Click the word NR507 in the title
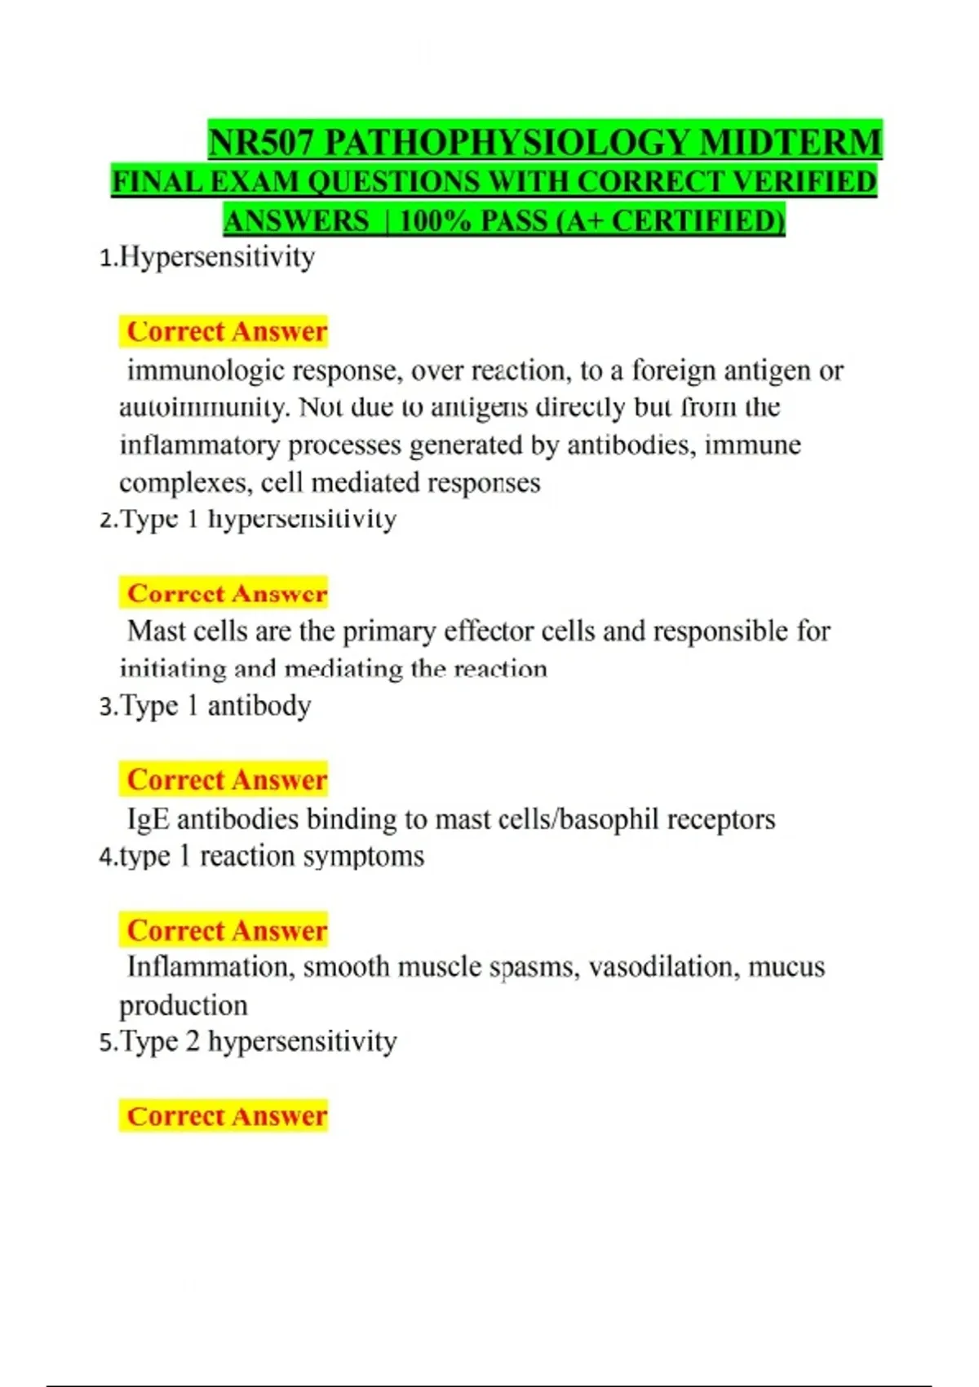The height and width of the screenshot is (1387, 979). point(260,143)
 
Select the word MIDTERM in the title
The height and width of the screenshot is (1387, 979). point(791,143)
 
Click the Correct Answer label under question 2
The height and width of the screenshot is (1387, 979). point(226,593)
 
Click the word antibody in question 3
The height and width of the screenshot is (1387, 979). point(259,706)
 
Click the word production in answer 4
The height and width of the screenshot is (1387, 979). point(184,1006)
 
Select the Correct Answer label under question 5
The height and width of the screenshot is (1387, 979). point(226,1116)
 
